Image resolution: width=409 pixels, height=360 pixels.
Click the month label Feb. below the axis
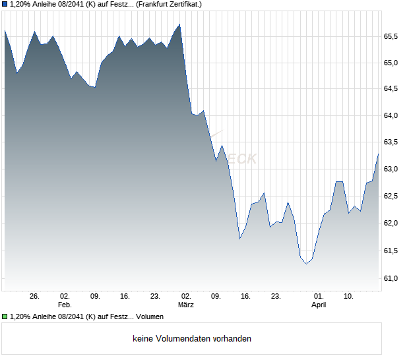65,305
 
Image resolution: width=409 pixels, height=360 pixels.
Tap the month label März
186,305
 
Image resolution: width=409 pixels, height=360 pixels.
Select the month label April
319,305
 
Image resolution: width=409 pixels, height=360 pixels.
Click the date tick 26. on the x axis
35,297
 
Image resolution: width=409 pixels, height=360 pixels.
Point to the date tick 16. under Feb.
125,297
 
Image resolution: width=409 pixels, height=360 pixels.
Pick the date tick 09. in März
216,297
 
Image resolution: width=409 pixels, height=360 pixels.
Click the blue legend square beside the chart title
5,4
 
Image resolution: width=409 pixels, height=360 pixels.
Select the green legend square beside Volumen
5,316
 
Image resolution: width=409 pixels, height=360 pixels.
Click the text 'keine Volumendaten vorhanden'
192,339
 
